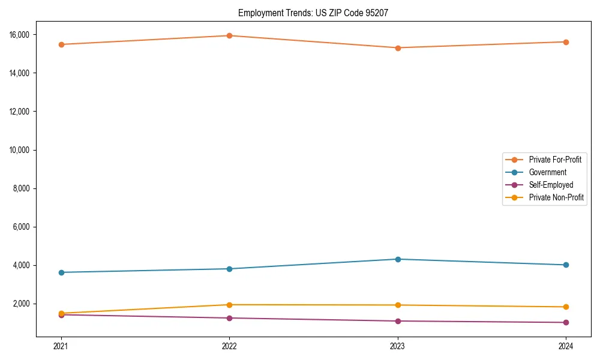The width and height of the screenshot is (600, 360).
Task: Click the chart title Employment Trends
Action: coord(313,13)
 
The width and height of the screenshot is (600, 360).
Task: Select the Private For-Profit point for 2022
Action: coord(229,35)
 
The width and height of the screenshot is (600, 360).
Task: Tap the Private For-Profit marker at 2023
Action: coord(398,48)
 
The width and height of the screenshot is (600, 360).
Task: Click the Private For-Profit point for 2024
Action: coord(566,42)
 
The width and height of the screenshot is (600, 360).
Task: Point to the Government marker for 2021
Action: coord(61,272)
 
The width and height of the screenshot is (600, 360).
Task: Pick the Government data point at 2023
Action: coord(398,259)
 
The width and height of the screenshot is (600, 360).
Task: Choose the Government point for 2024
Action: coord(566,265)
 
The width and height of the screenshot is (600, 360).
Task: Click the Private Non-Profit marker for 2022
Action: coord(229,305)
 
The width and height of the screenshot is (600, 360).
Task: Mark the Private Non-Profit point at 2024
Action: coord(566,307)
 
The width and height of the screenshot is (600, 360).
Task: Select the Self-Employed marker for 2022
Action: coord(229,318)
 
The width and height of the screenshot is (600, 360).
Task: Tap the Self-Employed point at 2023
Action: coord(398,321)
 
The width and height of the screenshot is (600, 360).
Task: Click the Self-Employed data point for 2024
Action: coord(566,322)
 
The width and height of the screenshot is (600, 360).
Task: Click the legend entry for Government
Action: coord(547,172)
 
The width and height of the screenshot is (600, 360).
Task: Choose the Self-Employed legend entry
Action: coord(551,185)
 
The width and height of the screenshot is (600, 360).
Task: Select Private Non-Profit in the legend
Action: coord(556,197)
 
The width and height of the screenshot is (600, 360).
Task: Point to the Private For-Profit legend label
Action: coord(555,160)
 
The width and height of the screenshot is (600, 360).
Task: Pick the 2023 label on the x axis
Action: coord(398,346)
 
